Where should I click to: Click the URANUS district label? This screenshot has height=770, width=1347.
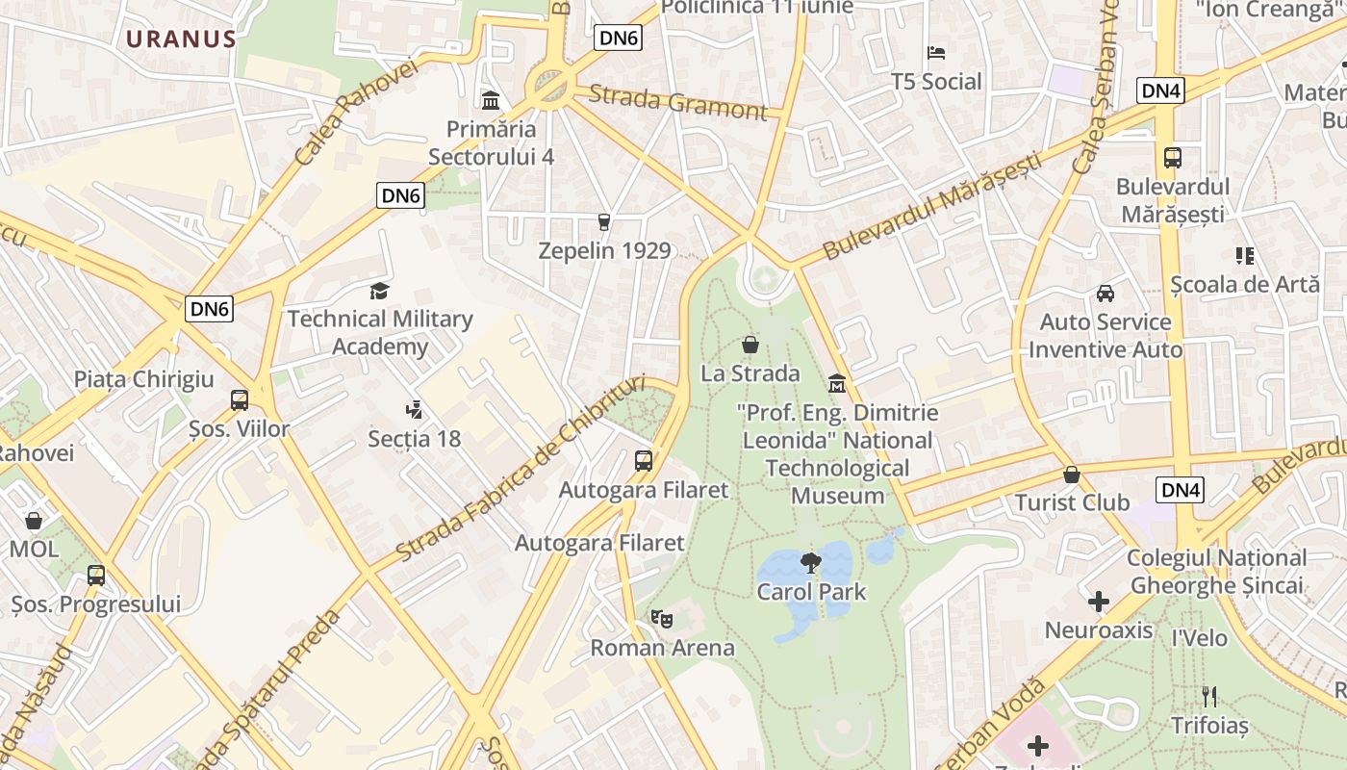tap(181, 39)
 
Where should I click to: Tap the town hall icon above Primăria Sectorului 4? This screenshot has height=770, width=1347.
tap(491, 100)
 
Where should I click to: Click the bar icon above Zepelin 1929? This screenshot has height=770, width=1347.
tap(604, 222)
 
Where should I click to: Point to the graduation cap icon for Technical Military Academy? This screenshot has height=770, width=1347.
tap(380, 291)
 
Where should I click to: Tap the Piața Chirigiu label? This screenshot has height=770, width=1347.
tap(144, 379)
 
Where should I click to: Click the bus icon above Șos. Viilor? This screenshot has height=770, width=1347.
tap(240, 400)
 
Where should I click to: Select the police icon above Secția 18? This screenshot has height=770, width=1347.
tap(415, 411)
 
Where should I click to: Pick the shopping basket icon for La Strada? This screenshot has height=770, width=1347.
tap(750, 345)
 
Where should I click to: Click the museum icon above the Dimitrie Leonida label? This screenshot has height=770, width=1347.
tap(837, 384)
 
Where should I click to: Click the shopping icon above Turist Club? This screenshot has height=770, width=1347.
tap(1072, 475)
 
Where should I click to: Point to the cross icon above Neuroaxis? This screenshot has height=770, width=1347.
tap(1099, 603)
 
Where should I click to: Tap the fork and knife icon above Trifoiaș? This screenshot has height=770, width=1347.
tap(1209, 696)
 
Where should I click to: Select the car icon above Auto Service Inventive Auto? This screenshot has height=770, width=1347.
tap(1106, 294)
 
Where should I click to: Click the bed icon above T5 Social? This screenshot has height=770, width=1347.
tap(936, 53)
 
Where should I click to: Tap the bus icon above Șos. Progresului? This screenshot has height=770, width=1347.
tap(96, 576)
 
